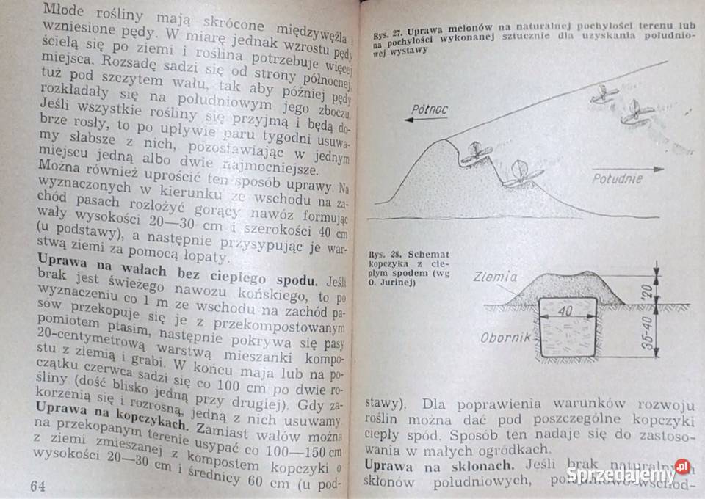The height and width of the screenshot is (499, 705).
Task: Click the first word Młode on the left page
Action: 65,10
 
